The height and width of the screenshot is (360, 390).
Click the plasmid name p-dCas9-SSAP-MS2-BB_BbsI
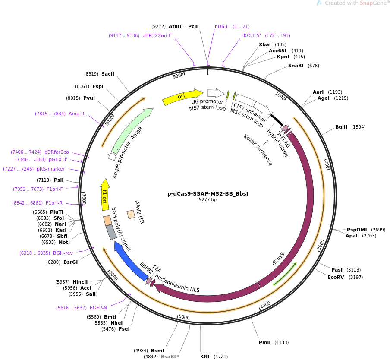(x=208, y=194)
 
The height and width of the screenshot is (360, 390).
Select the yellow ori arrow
(x=183, y=97)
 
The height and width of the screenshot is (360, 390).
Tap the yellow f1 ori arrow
(x=105, y=195)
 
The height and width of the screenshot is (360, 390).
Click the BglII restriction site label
(x=341, y=127)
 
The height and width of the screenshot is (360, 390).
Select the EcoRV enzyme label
(x=336, y=277)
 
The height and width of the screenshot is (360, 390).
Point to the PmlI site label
(x=264, y=342)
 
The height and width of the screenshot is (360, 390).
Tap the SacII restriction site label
(x=108, y=74)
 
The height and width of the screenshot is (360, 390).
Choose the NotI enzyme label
(x=64, y=242)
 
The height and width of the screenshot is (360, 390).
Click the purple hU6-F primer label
(x=222, y=26)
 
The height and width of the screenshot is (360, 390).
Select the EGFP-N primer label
(x=98, y=308)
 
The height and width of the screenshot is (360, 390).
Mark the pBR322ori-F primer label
(x=157, y=35)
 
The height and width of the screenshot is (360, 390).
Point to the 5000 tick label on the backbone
(x=184, y=317)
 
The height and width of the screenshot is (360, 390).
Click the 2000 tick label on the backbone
(x=327, y=163)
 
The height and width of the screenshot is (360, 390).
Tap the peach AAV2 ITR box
(x=131, y=215)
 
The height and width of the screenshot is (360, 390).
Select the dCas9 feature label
(x=278, y=259)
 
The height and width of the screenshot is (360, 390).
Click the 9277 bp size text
(x=208, y=199)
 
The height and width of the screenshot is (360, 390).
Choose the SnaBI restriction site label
(x=296, y=66)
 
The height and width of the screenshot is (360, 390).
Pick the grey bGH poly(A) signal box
(x=111, y=232)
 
